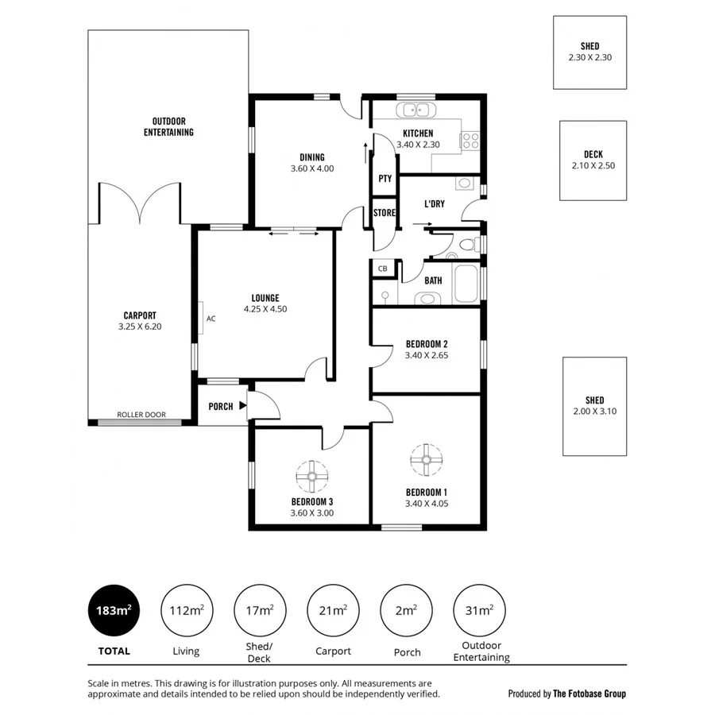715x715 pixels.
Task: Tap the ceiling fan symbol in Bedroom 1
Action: coord(426,458)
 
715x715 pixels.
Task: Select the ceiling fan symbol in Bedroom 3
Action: coord(312,477)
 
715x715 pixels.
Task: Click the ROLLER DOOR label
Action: coord(141,415)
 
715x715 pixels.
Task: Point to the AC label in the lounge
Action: coord(211,319)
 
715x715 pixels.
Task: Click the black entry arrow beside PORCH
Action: coord(242,406)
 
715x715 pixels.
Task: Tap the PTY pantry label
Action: coord(385,179)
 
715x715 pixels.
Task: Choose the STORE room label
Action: coord(385,213)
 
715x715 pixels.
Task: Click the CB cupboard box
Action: coord(383,269)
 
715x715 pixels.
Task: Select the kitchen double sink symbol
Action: coord(412,110)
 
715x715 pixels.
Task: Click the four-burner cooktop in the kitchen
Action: coord(470,141)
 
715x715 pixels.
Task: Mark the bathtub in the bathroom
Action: coord(466,284)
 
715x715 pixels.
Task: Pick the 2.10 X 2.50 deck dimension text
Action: coord(593,166)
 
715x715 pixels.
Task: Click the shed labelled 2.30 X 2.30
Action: coord(589,52)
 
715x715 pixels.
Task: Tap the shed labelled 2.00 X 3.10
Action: coord(594,406)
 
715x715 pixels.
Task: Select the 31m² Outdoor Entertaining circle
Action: coord(480,610)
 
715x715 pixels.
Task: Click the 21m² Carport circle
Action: coord(333,610)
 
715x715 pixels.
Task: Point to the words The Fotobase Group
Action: coord(589,694)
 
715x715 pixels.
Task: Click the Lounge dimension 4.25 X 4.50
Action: coord(265,309)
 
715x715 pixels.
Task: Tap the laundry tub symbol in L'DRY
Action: coord(465,184)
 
